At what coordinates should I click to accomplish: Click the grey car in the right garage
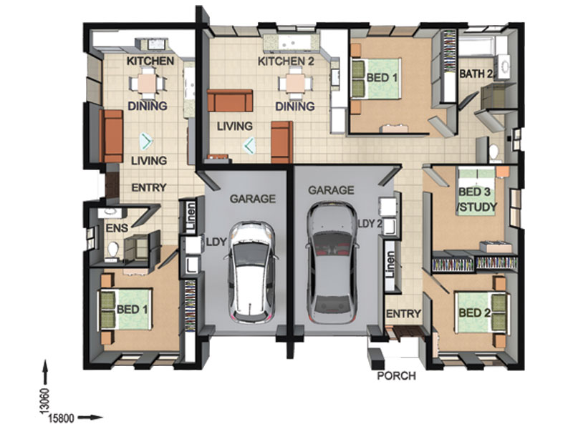(332, 262)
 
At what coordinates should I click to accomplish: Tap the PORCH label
(397, 376)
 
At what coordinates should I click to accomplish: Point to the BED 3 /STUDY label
(477, 199)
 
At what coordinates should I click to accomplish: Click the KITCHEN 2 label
(286, 61)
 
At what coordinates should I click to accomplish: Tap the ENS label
(117, 228)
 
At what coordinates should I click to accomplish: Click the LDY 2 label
(370, 223)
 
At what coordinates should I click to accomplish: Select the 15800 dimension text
(61, 418)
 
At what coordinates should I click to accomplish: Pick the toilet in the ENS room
(113, 250)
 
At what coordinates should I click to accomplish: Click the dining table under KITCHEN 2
(295, 83)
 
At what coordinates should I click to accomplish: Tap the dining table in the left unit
(148, 83)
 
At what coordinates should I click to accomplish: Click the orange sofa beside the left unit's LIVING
(112, 136)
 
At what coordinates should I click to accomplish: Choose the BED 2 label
(474, 312)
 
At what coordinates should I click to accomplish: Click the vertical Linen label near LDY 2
(390, 265)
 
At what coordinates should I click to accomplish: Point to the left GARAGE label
(253, 199)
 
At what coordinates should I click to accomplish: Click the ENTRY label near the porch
(403, 314)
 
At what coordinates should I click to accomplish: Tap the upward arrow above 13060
(45, 372)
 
